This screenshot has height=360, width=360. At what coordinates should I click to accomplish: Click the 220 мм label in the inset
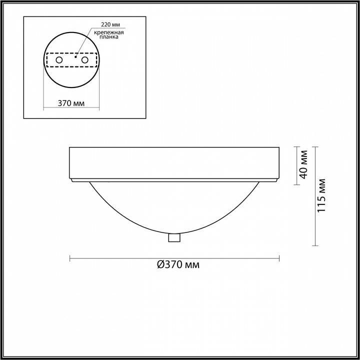click(x=110, y=24)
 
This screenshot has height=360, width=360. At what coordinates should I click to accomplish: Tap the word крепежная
click(x=109, y=32)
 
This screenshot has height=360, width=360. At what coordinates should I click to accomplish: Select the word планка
click(x=109, y=37)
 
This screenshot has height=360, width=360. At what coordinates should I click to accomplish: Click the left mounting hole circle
click(x=59, y=60)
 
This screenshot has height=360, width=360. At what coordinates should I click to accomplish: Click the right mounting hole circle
click(x=84, y=60)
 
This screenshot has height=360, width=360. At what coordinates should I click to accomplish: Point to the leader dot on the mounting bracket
click(x=75, y=56)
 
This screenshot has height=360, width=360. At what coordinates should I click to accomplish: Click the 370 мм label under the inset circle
click(x=71, y=103)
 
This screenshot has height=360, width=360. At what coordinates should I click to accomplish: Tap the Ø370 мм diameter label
click(x=178, y=264)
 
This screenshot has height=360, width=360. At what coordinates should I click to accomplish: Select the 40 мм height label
click(x=303, y=164)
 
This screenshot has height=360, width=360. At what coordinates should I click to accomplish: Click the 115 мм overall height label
click(x=321, y=195)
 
